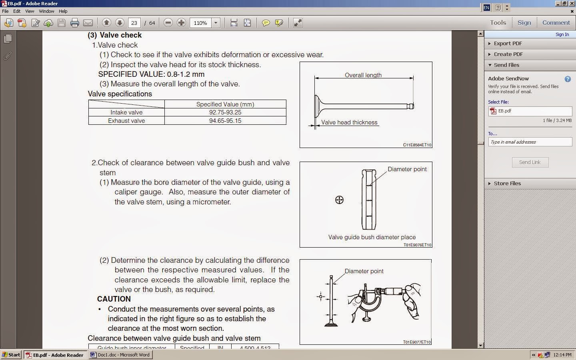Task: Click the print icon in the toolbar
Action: [74, 23]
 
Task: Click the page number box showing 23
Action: [134, 23]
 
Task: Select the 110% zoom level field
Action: [200, 23]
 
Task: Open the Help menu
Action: [63, 11]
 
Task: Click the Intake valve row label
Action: [126, 112]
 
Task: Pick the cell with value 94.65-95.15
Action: [225, 121]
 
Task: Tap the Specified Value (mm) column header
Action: [225, 104]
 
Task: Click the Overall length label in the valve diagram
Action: [363, 75]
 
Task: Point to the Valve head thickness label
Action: [349, 122]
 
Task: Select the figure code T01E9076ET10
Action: [417, 245]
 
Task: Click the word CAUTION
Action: [114, 299]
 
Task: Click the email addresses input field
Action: [530, 142]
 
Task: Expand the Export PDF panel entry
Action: [508, 44]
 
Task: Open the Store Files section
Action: [507, 183]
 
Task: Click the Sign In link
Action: [562, 34]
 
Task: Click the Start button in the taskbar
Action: [11, 355]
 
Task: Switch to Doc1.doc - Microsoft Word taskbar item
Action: [120, 355]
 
